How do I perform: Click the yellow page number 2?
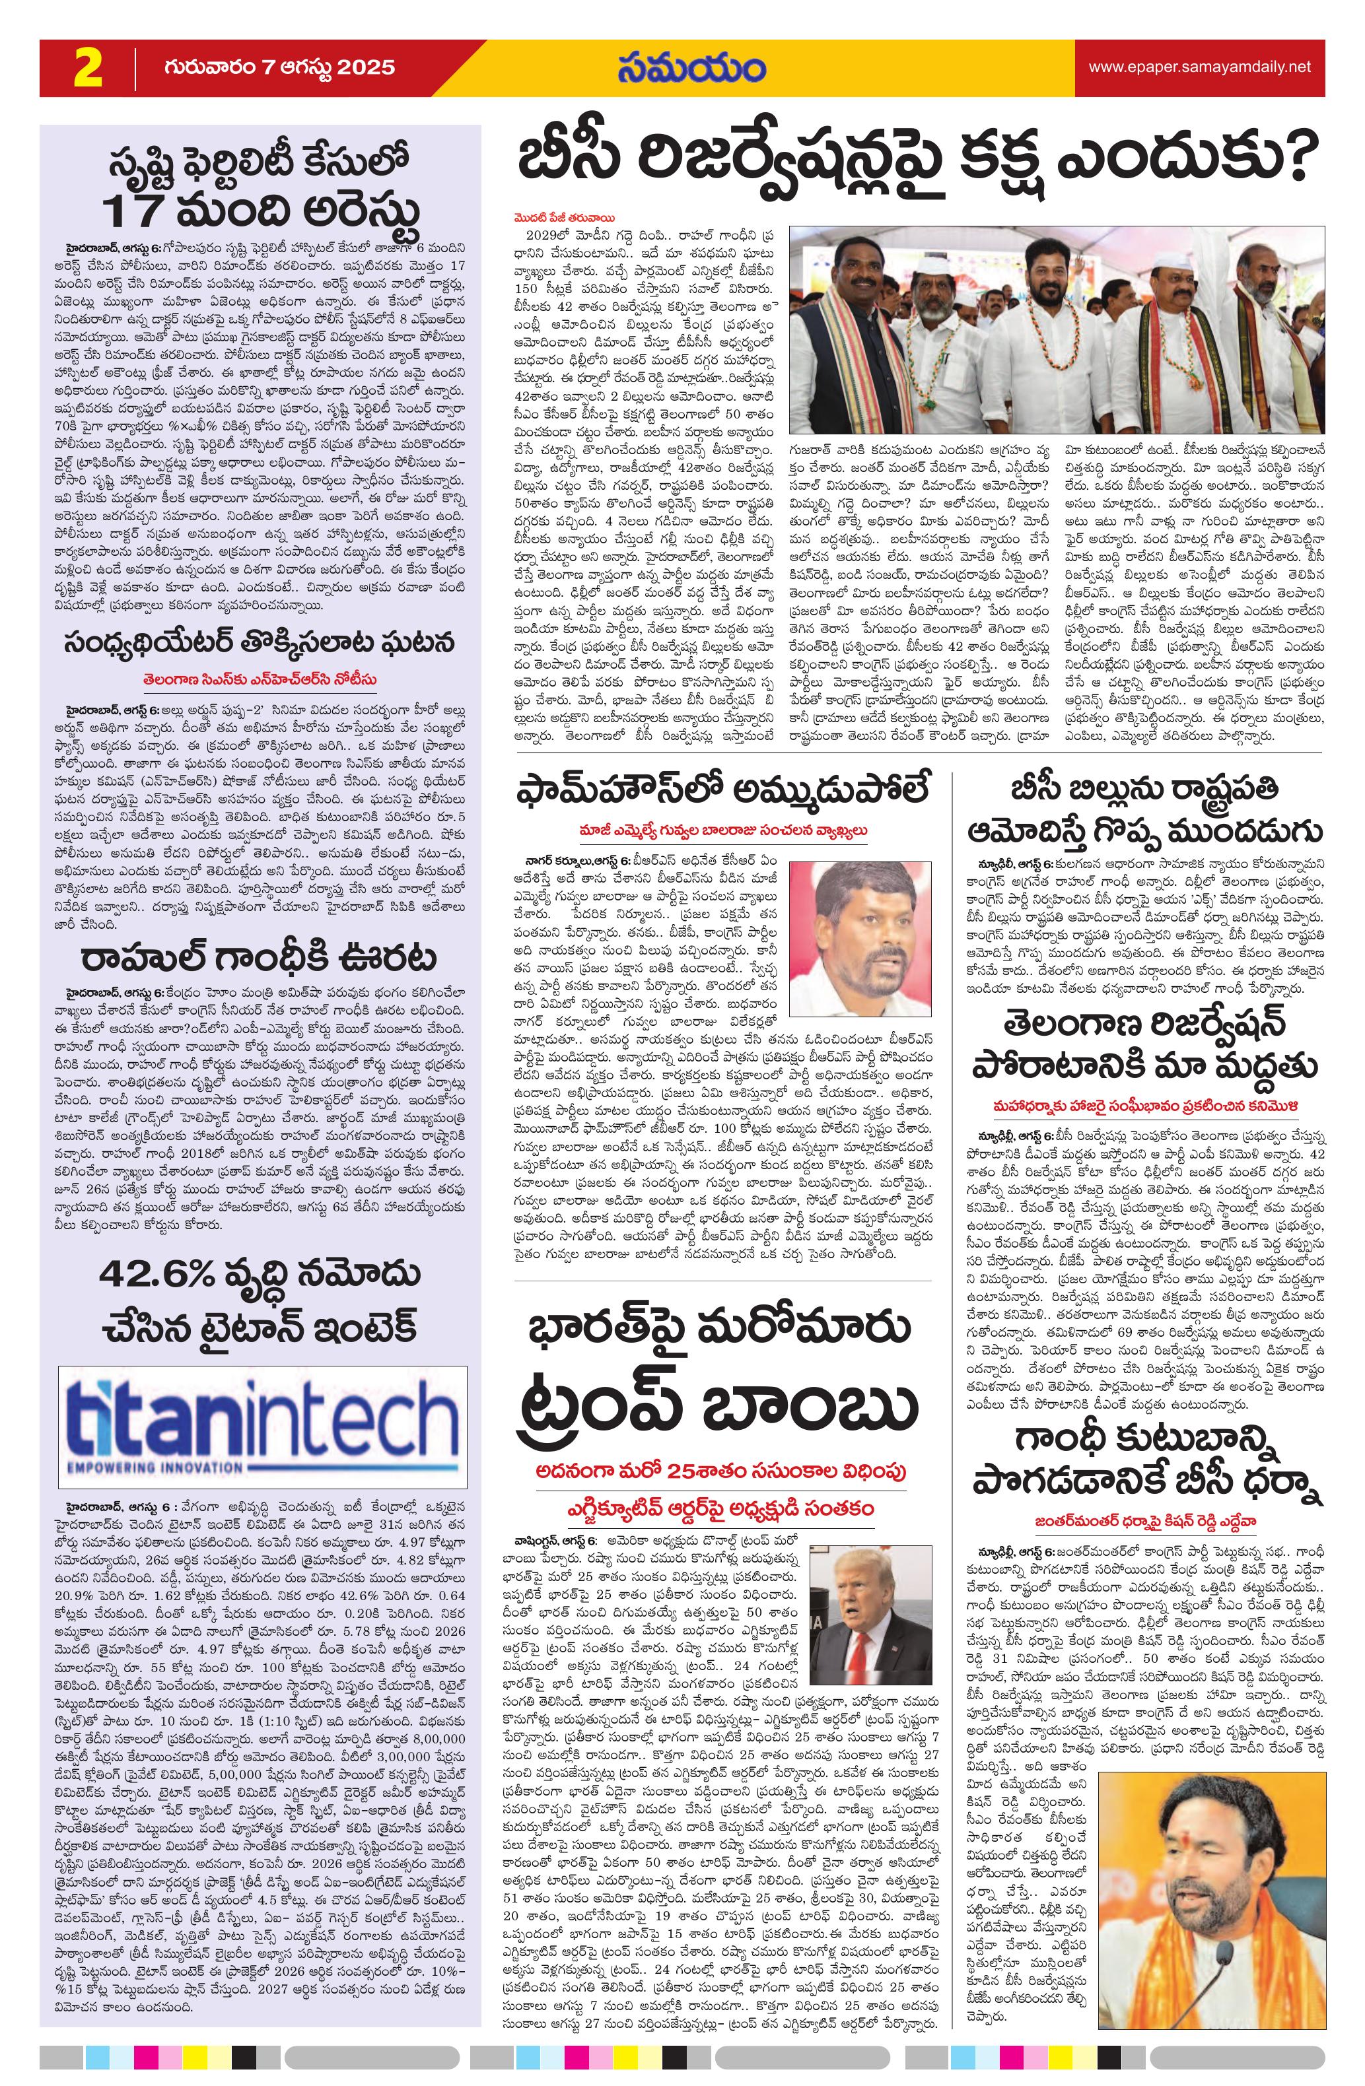[88, 69]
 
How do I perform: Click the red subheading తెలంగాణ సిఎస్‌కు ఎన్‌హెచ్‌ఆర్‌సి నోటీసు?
[260, 679]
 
